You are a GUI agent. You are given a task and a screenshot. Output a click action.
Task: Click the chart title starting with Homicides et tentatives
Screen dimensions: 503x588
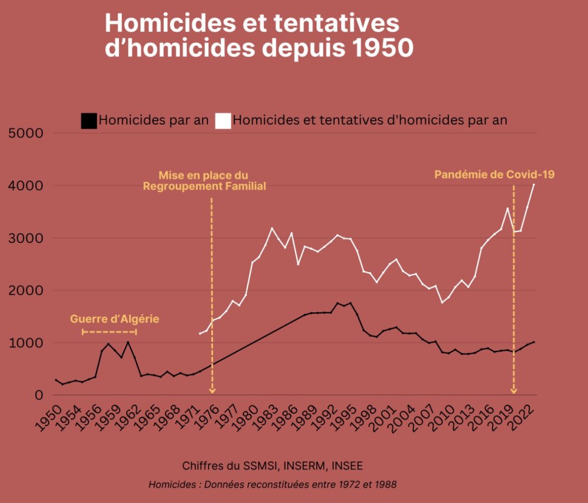tap(258, 36)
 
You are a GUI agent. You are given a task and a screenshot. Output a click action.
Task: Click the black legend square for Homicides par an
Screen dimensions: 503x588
tap(88, 121)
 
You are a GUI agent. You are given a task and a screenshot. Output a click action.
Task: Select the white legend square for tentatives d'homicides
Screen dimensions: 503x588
tap(223, 121)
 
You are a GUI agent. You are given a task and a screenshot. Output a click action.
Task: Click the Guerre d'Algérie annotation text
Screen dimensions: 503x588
tap(114, 319)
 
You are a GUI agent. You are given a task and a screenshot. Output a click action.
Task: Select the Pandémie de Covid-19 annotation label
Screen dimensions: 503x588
tap(494, 174)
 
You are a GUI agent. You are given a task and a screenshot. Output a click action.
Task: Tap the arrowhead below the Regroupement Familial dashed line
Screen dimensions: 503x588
tap(212, 391)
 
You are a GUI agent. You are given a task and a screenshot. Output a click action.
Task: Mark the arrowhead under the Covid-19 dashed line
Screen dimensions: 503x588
tap(513, 391)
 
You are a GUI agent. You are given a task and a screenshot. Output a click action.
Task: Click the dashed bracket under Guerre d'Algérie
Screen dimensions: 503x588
tap(110, 332)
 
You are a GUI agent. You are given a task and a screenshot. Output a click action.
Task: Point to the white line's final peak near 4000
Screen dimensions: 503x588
tap(533, 185)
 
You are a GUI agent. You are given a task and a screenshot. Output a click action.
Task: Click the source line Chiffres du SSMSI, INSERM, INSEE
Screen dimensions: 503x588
tap(272, 465)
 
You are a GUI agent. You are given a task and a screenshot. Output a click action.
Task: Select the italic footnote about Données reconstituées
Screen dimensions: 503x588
tap(272, 484)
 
